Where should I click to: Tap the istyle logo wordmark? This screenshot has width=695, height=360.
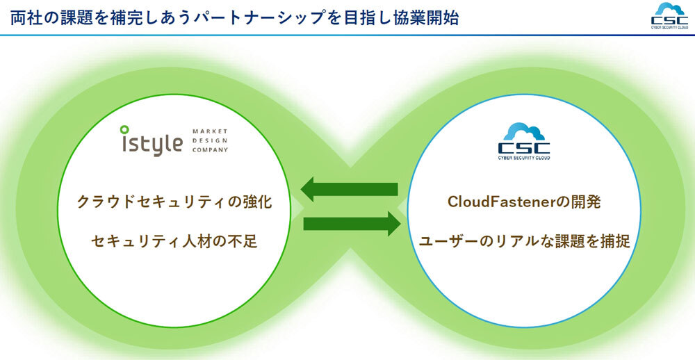[149, 142]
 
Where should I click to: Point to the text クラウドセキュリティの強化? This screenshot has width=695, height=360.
[173, 202]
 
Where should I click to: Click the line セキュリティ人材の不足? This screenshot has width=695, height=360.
[173, 241]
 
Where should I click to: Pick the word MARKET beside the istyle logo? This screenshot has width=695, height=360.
[209, 130]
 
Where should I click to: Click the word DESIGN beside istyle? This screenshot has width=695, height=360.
[207, 140]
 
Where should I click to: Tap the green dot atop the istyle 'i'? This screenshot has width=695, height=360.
[124, 129]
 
